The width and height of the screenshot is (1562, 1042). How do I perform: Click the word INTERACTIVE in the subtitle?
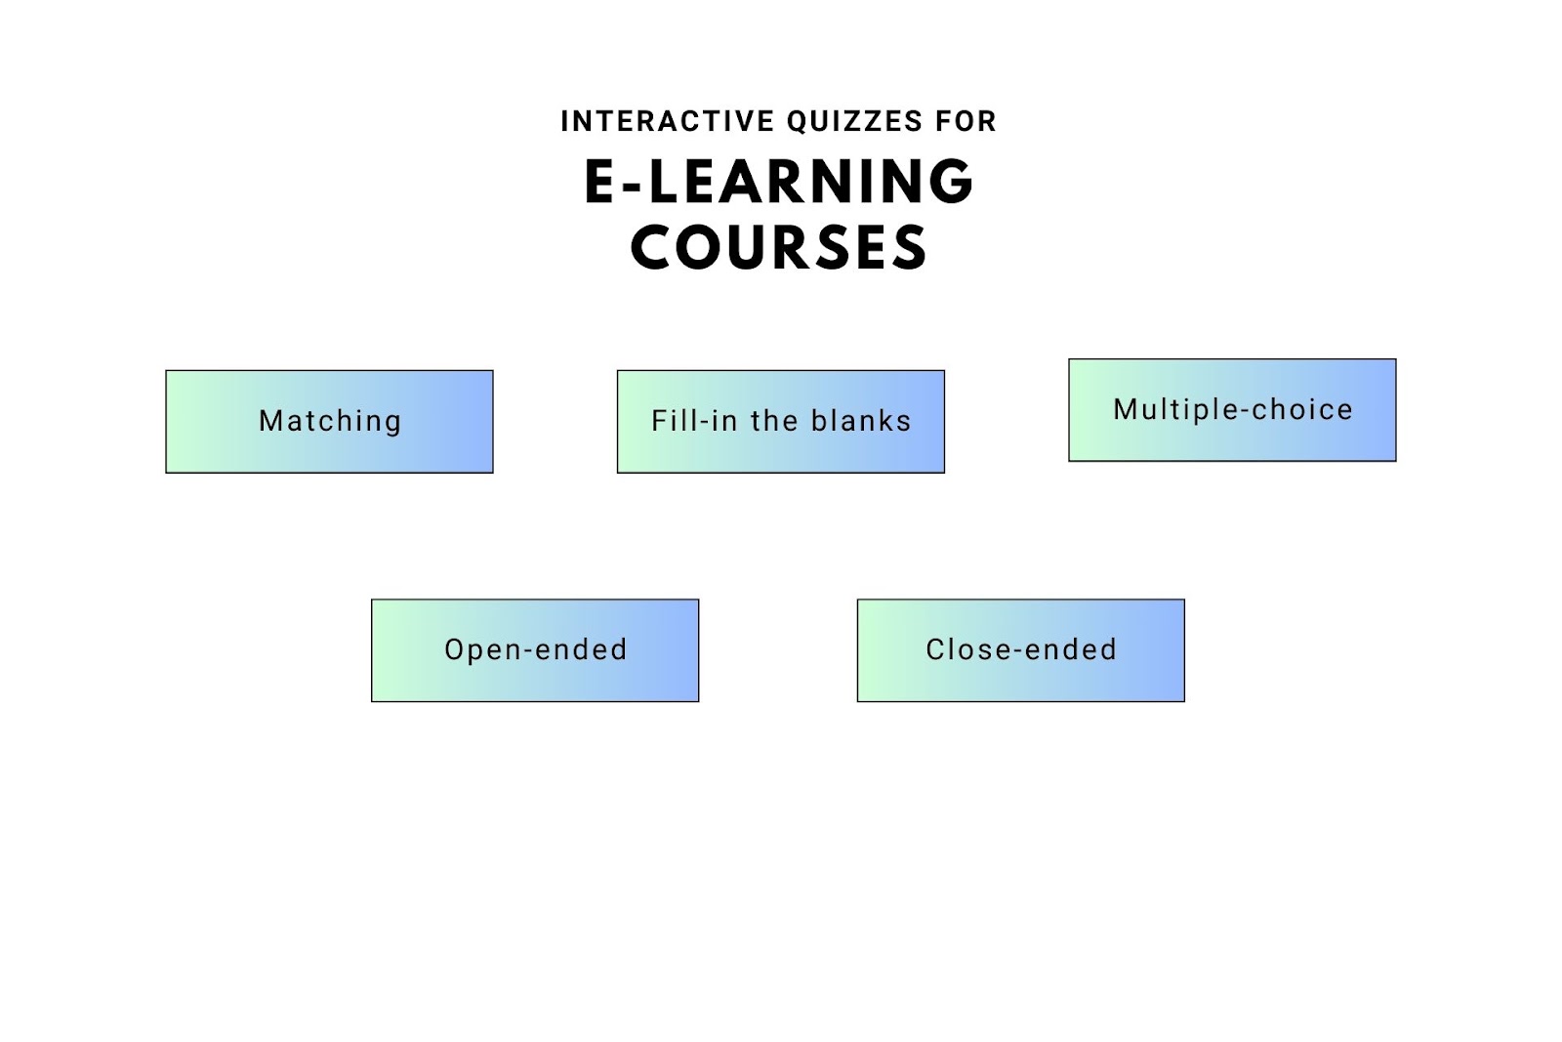tap(668, 121)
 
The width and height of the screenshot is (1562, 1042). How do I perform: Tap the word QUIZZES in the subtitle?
tap(855, 122)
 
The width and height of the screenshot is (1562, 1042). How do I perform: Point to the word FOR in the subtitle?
tap(966, 121)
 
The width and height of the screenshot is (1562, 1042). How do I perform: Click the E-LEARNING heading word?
tap(779, 182)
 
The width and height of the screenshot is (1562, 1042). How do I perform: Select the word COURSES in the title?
tap(779, 247)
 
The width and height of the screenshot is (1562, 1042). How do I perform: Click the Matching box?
tap(329, 421)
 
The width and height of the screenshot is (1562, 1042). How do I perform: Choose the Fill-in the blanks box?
tap(781, 421)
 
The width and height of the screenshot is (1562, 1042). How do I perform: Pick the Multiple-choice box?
tap(1232, 410)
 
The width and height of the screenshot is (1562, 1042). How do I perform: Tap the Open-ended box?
tap(535, 650)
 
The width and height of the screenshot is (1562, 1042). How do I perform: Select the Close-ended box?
tap(1021, 650)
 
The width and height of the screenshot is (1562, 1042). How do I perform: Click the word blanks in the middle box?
tap(861, 421)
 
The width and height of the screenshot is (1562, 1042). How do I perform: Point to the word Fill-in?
tap(693, 421)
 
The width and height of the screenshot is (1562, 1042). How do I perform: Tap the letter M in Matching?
tap(269, 421)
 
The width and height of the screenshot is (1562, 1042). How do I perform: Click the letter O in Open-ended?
tap(455, 649)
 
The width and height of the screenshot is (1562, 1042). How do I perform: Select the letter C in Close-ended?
tap(936, 649)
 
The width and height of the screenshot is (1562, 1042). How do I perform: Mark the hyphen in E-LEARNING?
tap(634, 186)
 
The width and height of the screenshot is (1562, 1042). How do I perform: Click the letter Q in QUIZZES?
tap(799, 122)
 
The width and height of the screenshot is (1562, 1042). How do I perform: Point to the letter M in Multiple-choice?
tap(1125, 409)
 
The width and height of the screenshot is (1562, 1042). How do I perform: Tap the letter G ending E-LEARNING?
tap(951, 182)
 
